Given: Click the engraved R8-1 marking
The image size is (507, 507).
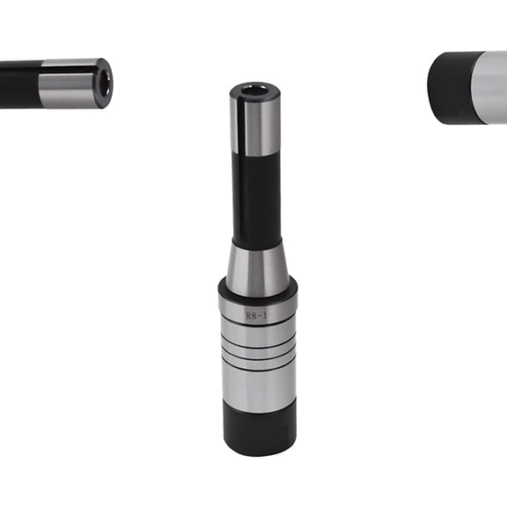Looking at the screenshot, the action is pyautogui.click(x=257, y=315).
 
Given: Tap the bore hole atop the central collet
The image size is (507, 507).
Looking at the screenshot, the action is pyautogui.click(x=254, y=90).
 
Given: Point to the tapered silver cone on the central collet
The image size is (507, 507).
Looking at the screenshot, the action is pyautogui.click(x=258, y=270).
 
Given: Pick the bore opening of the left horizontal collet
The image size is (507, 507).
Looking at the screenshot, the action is pyautogui.click(x=105, y=84).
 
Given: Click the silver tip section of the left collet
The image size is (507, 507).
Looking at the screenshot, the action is pyautogui.click(x=71, y=84).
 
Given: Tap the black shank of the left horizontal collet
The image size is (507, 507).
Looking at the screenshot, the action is pyautogui.click(x=20, y=84).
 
